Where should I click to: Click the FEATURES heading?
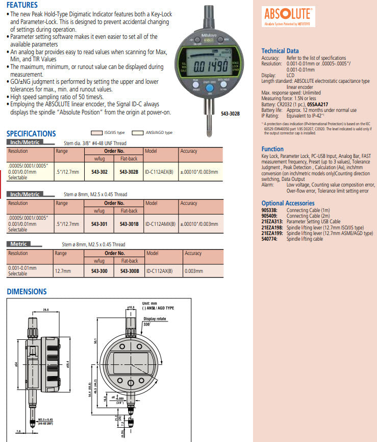coord(22,5)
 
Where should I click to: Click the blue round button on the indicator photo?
coord(209,87)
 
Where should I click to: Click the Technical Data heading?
coord(280,51)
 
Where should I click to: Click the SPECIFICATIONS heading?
coord(31,133)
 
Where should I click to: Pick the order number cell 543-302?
coord(99,172)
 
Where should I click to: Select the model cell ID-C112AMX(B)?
coord(159,224)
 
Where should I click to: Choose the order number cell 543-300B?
coord(130,271)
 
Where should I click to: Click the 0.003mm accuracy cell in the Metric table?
coord(194,271)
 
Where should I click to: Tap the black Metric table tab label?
coord(19,244)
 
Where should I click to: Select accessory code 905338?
coord(269,210)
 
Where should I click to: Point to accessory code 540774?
coord(269,239)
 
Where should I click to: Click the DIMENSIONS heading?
coord(27,292)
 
